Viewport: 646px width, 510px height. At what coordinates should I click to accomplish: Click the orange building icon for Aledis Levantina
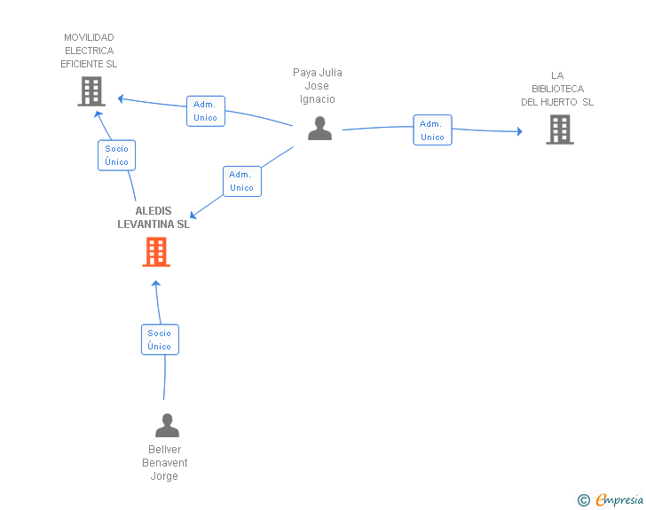pos(156,252)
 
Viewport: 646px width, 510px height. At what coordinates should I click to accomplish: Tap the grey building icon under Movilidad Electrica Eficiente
pos(91,91)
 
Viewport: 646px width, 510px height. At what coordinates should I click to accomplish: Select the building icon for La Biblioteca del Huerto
pos(560,129)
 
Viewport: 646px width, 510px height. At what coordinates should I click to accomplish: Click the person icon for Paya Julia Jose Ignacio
pos(319,128)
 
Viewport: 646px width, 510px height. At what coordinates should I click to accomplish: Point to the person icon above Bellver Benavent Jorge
pos(167,425)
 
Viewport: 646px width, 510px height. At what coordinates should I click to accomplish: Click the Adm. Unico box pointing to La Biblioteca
pos(433,130)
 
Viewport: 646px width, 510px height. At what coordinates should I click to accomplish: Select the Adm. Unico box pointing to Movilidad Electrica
pos(206,111)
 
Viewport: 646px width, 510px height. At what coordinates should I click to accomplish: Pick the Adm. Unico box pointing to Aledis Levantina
pos(242,181)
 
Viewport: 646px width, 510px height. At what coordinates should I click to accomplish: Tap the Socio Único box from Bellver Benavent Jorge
pos(160,340)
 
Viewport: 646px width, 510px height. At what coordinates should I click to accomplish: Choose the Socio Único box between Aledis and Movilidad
pos(116,155)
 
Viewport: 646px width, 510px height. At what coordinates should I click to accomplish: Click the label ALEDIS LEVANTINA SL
pos(154,217)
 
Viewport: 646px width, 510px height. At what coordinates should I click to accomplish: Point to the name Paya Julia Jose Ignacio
pos(318,86)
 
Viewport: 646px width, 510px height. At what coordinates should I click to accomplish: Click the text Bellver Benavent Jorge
pos(164,463)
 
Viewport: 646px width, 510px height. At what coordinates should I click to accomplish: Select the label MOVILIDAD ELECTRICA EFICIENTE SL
pos(89,51)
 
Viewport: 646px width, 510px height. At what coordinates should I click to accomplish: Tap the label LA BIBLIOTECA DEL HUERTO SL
pos(557,89)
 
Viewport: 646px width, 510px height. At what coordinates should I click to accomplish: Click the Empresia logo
pos(618,499)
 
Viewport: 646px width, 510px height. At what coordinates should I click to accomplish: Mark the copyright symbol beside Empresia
pos(584,500)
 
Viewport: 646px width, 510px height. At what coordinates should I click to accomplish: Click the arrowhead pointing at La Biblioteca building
pos(520,131)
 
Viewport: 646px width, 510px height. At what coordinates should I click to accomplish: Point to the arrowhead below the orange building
pos(156,284)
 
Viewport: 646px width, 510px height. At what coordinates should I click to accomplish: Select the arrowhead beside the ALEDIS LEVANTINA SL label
pos(193,215)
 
